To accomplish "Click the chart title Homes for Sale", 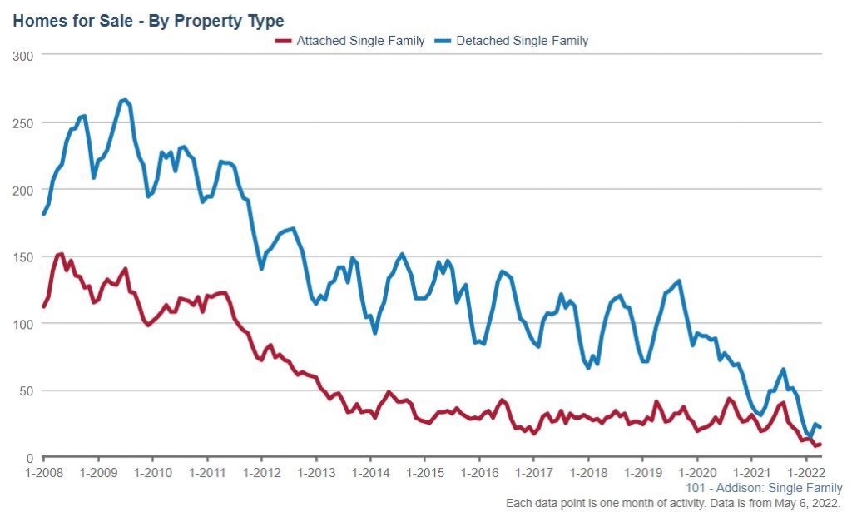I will pyautogui.click(x=148, y=20).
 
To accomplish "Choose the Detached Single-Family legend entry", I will pyautogui.click(x=523, y=41).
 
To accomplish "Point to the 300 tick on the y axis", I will pyautogui.click(x=23, y=56).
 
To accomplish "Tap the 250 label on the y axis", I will pyautogui.click(x=23, y=122).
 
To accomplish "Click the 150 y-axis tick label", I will pyautogui.click(x=23, y=256).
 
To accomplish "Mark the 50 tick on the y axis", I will pyautogui.click(x=27, y=390).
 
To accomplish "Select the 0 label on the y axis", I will pyautogui.click(x=29, y=457).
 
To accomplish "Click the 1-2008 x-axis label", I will pyautogui.click(x=43, y=472).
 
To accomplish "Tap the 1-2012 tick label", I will pyautogui.click(x=261, y=472).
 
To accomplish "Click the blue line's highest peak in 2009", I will pyautogui.click(x=124, y=100).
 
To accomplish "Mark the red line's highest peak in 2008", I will pyautogui.click(x=61, y=254).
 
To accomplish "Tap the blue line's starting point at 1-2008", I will pyautogui.click(x=43, y=214).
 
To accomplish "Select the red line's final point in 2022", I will pyautogui.click(x=820, y=444).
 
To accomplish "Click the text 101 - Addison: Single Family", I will pyautogui.click(x=764, y=488).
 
